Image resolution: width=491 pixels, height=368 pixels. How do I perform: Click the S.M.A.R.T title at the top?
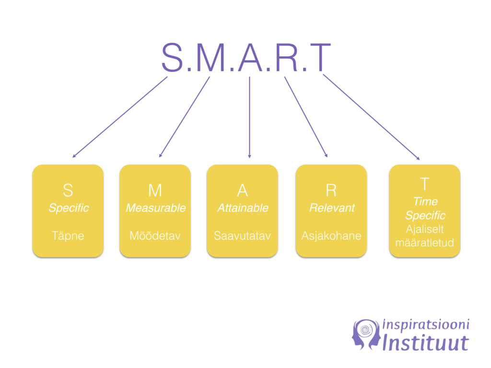click(246, 58)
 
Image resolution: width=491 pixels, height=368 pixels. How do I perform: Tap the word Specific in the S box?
click(69, 208)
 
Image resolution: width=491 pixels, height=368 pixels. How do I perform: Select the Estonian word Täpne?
click(68, 236)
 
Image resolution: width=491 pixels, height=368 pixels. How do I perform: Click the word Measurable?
click(156, 208)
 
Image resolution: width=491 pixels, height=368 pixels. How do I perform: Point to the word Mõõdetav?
click(155, 236)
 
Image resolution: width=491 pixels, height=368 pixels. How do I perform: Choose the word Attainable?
click(243, 208)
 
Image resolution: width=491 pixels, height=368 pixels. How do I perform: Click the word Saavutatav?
click(242, 236)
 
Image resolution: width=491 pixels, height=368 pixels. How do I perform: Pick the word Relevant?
click(332, 208)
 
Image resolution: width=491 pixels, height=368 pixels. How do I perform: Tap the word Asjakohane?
click(331, 236)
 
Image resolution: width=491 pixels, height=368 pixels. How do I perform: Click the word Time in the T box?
click(425, 201)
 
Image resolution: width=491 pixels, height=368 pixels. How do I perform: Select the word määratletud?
click(425, 243)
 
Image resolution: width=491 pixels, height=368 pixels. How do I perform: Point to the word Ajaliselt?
click(425, 229)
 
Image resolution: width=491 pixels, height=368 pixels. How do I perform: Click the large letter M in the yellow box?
click(155, 190)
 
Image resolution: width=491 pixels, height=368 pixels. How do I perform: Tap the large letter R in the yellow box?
click(331, 190)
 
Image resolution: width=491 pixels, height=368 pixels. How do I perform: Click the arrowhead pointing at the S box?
click(74, 156)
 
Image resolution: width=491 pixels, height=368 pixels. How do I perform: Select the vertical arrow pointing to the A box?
click(249, 117)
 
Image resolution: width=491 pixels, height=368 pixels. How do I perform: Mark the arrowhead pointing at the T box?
click(418, 158)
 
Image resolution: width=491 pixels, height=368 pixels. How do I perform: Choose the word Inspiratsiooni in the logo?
click(426, 325)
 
